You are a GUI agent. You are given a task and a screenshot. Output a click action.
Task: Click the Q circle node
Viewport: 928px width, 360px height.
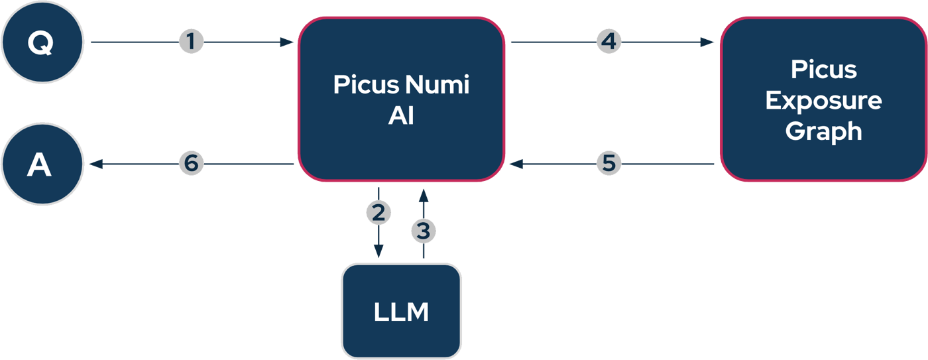(x=41, y=42)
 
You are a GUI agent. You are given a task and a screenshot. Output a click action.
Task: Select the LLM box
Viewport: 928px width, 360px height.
(x=401, y=312)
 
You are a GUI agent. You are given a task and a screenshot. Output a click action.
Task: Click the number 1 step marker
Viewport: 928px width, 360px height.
(x=191, y=42)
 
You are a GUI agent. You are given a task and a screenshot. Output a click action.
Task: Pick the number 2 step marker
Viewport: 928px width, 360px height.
(x=378, y=213)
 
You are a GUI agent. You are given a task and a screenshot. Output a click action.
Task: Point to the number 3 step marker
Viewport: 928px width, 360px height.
(x=424, y=231)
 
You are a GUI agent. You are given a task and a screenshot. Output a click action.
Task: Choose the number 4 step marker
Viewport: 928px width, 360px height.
(x=608, y=42)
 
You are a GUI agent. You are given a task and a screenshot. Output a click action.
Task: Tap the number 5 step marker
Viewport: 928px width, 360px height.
(x=609, y=163)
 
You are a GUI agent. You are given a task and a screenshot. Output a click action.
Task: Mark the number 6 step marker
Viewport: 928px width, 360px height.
(x=191, y=164)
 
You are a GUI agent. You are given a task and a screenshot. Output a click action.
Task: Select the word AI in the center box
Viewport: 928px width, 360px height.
(x=401, y=117)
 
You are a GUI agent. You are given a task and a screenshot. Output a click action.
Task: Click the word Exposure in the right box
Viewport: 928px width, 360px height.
(x=823, y=101)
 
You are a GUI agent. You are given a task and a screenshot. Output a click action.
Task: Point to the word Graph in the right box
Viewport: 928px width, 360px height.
(x=823, y=131)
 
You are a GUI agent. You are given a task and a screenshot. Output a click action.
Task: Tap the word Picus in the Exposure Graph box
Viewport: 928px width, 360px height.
(x=823, y=70)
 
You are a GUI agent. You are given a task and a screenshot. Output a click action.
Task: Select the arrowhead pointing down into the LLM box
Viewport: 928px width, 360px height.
(x=378, y=251)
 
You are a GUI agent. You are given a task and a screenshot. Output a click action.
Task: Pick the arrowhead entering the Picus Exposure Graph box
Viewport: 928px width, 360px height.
(x=707, y=42)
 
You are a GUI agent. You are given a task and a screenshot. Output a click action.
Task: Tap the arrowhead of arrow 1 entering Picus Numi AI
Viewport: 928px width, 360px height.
(x=286, y=42)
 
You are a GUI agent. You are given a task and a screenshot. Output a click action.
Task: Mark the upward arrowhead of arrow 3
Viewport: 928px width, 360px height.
(x=424, y=196)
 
